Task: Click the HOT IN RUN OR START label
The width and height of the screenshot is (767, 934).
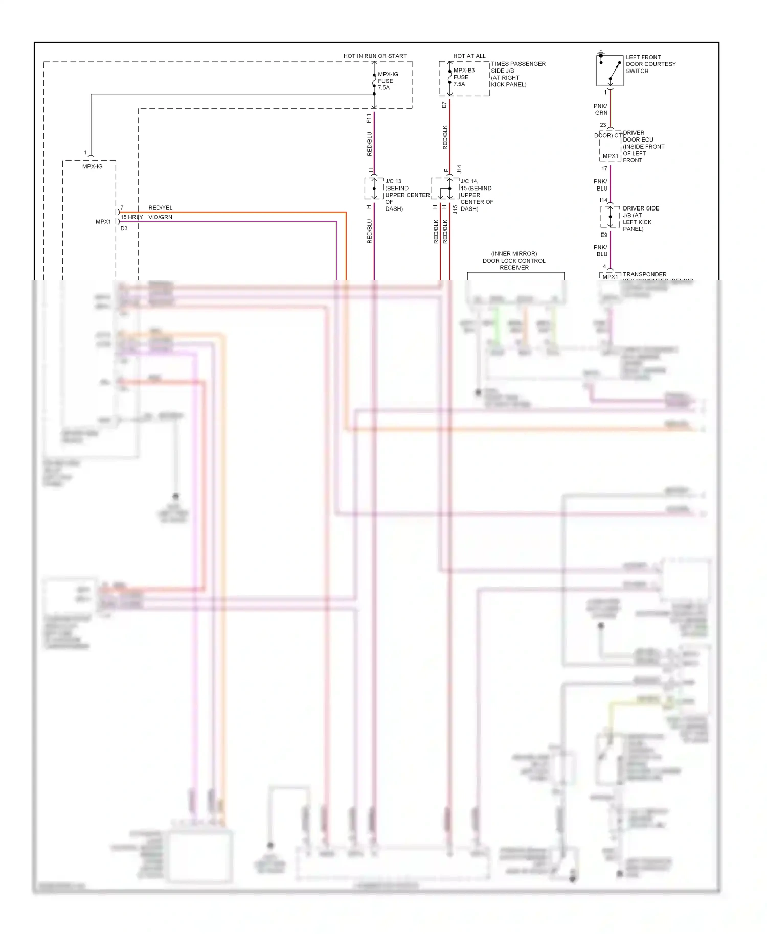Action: click(375, 56)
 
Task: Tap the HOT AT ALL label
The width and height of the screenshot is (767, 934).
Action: click(469, 56)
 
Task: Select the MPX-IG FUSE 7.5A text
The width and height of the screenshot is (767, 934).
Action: click(388, 81)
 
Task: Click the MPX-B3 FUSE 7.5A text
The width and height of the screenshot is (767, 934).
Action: click(463, 77)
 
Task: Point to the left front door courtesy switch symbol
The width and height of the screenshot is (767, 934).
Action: click(610, 71)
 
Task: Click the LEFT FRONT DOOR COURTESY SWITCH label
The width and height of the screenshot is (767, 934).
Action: click(650, 64)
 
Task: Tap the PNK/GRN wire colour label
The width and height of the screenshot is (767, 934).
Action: click(601, 109)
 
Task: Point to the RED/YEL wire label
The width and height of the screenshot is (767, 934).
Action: click(160, 208)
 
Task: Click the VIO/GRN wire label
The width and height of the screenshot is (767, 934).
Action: click(160, 217)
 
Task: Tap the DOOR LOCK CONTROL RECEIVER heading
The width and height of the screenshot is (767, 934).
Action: click(514, 261)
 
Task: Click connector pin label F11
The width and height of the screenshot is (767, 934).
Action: click(369, 119)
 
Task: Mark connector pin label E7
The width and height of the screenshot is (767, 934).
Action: click(444, 105)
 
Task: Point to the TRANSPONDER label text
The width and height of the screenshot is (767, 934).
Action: click(644, 274)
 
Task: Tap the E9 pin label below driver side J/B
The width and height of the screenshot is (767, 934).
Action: click(604, 235)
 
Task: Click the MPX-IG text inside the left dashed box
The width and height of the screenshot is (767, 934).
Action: click(93, 166)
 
